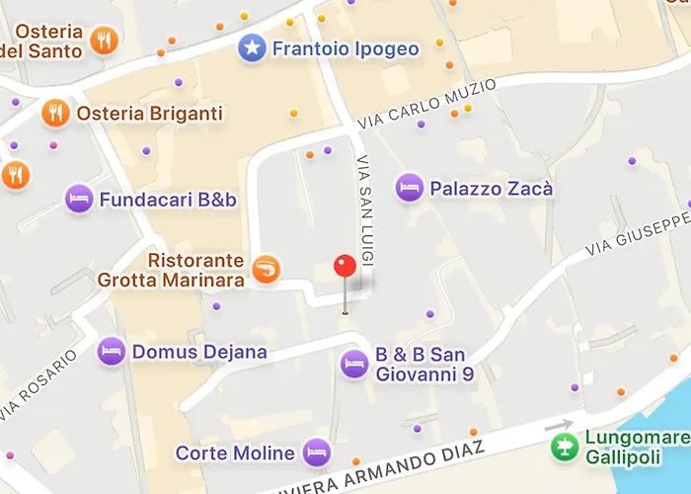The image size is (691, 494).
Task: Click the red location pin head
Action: click(345, 266)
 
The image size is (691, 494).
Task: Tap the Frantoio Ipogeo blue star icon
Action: click(253, 47)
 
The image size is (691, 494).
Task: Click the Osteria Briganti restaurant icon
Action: click(55, 114)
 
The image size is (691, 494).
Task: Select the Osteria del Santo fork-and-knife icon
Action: click(104, 41)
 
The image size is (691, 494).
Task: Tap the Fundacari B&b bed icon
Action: click(79, 200)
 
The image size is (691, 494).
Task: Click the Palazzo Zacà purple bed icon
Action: click(409, 187)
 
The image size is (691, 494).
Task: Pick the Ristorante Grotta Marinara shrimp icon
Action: click(267, 267)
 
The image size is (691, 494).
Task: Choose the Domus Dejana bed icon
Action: click(112, 351)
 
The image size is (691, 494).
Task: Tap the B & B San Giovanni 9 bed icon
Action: click(354, 365)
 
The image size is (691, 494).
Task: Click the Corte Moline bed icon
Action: click(316, 453)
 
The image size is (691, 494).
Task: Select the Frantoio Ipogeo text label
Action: click(345, 48)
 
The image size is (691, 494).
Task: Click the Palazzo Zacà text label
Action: click(477, 188)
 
